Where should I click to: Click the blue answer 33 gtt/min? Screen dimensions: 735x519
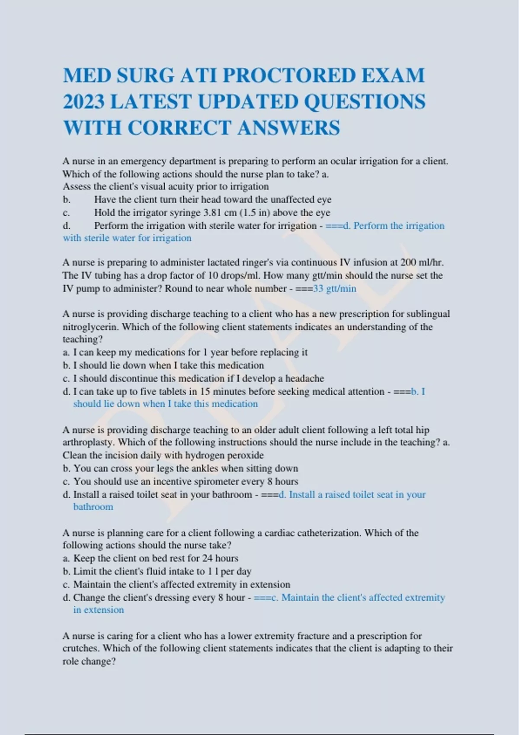pyautogui.click(x=334, y=288)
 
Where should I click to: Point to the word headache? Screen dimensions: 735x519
pyautogui.click(x=304, y=378)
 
